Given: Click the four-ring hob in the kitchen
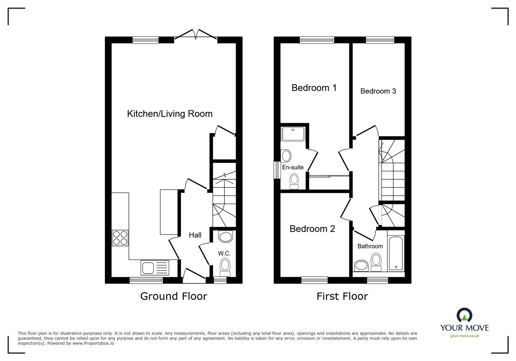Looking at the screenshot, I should point(120,238).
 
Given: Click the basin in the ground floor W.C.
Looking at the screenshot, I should point(225,237).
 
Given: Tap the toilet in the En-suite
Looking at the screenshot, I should point(294,181).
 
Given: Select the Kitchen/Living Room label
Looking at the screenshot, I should point(170,114).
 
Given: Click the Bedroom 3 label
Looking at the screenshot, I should point(378,91).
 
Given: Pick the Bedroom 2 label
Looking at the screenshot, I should point(312,229).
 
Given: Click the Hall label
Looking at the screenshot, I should point(195,235).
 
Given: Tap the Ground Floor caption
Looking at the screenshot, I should point(174,296).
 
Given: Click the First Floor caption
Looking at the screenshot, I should point(342,296).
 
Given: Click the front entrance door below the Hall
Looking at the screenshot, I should point(194,277).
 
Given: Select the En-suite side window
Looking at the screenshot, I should point(276,170).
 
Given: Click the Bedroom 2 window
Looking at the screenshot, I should point(314,280).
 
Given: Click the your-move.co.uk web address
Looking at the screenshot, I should point(464,336).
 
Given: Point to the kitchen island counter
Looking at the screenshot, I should point(169,212).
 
